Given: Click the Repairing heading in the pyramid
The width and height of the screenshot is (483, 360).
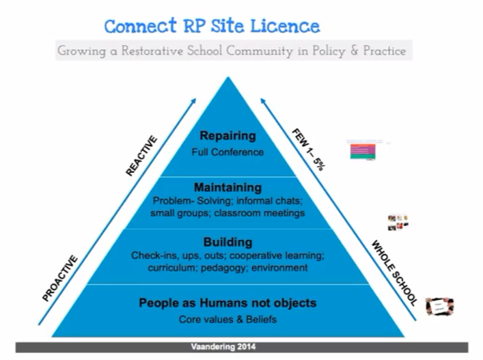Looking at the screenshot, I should point(227,136).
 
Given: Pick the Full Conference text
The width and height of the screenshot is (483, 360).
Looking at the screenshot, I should point(227,152).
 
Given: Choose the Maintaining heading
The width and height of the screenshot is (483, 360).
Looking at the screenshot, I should point(227,186).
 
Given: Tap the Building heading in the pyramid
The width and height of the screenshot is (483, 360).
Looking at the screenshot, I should point(227,242).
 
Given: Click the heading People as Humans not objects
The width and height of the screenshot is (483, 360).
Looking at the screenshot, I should point(227,303).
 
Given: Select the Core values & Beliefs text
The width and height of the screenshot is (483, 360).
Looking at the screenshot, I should point(227,319).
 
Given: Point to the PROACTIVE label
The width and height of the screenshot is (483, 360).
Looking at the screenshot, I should point(60,278).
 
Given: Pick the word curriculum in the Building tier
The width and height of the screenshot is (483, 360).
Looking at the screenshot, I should point(171,268).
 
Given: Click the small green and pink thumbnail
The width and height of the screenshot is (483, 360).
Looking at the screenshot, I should point(363,152).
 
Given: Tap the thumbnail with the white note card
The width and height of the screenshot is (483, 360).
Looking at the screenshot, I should point(439,306).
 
